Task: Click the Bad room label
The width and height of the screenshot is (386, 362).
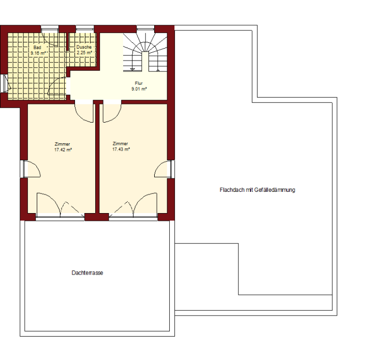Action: coord(37,47)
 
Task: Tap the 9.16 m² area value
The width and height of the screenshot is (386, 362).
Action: coord(38,53)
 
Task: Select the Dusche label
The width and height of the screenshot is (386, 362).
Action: coord(84,47)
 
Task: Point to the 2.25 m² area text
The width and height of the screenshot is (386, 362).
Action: coord(84,52)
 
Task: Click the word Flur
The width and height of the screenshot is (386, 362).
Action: coord(139,83)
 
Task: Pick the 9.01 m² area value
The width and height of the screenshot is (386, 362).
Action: coord(139,89)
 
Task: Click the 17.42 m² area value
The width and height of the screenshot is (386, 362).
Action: coord(63,149)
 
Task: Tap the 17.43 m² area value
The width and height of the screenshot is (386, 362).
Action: coord(121,149)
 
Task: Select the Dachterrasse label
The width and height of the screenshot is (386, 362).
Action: coord(87,273)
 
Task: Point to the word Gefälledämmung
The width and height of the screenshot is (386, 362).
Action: coord(275,190)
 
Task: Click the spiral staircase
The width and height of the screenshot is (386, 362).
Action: coord(145,52)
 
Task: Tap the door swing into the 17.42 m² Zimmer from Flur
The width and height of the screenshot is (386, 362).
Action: coord(84,113)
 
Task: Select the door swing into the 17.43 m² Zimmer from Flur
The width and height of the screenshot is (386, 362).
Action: coord(112,113)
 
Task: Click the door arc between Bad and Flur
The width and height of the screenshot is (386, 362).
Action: coord(57,86)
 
